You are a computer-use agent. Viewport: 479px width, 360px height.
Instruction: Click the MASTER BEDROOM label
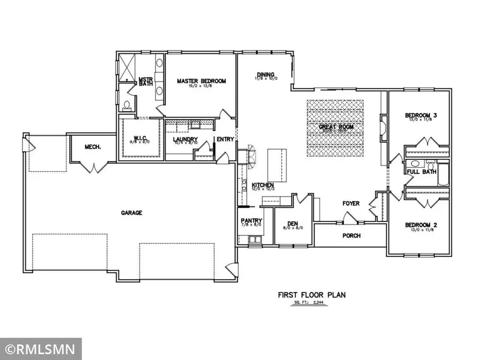201,81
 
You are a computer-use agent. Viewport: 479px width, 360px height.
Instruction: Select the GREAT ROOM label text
336,127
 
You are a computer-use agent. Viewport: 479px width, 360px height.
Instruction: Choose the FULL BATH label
422,171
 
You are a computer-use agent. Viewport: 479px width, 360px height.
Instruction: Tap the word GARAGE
131,212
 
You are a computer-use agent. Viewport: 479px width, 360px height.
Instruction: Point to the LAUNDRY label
185,140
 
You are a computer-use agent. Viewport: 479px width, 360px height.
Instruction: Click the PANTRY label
249,219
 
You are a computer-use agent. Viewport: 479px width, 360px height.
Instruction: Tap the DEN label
292,224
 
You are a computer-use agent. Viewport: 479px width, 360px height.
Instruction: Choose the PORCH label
351,235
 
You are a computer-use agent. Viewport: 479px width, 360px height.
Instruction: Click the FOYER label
351,203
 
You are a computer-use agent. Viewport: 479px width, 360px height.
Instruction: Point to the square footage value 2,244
318,302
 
